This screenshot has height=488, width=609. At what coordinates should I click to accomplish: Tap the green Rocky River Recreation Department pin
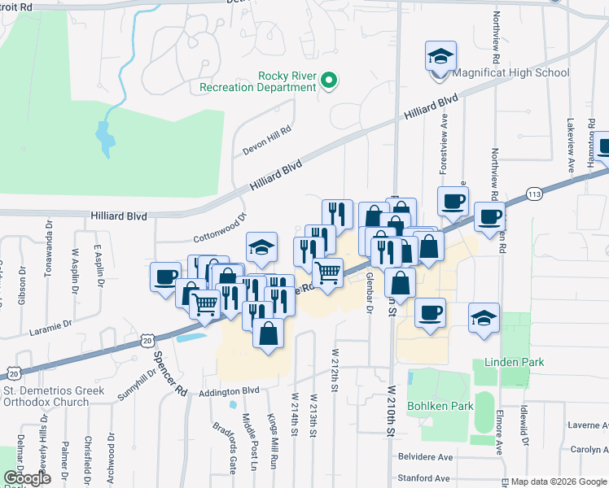tap(329, 81)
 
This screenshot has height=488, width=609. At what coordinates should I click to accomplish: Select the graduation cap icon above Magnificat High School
tap(440, 56)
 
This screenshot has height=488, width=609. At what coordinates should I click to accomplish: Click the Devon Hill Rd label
tap(267, 143)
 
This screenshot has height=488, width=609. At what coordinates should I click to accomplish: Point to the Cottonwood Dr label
tap(220, 229)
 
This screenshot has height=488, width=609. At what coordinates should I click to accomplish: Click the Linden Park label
tap(514, 361)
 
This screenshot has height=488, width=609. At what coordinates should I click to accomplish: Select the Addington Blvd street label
tap(229, 391)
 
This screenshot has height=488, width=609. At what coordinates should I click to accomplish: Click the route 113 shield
tap(534, 194)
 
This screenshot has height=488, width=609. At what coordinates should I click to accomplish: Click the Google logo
tap(27, 478)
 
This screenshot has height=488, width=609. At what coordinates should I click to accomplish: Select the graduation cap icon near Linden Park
tap(484, 317)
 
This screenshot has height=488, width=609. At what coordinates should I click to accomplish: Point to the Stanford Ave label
tap(423, 478)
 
